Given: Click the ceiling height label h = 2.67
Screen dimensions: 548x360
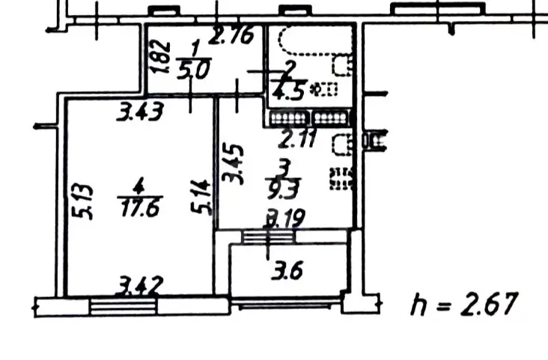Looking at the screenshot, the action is tap(463, 304).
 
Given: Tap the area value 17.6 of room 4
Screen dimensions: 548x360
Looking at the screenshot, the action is tap(140, 209).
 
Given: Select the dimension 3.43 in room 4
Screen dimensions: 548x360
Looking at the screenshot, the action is tap(140, 112).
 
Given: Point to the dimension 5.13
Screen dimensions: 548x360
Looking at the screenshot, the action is tap(83, 201).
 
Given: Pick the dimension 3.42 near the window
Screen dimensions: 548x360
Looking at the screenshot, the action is tap(141, 285).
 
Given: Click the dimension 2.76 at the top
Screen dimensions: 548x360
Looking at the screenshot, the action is tap(231, 35).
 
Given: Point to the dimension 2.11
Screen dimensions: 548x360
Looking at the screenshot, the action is tap(297, 138).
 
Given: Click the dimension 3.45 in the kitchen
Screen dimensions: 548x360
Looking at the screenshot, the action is tap(233, 164).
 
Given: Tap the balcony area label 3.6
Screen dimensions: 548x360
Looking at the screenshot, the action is tap(287, 270).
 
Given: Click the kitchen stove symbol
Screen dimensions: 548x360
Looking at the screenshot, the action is tap(341, 179).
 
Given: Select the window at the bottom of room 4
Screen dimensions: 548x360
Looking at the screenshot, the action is tap(123, 306).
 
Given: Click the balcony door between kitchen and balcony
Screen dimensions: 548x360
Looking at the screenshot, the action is tap(269, 237).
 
